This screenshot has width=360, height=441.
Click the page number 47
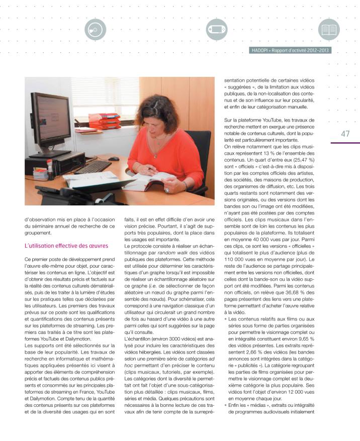coord(345,134)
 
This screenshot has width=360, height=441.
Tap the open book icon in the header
coord(330,30)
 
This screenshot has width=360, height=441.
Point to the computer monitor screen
coord(51,118)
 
